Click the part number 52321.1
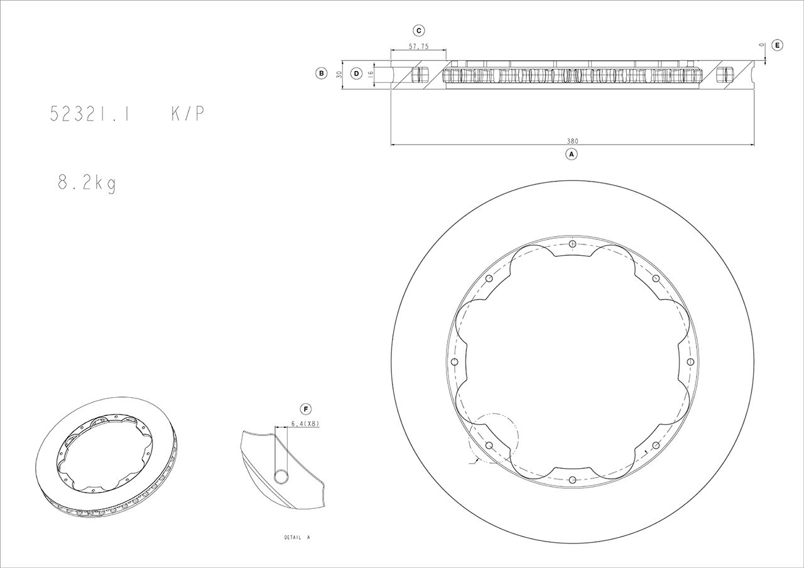90,114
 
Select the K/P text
187,114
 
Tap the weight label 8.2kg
87,183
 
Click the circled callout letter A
571,153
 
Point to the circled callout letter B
321,74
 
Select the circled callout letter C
418,30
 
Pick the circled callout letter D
356,74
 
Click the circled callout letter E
777,45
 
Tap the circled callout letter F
306,410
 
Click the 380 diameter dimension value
572,141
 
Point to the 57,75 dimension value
418,46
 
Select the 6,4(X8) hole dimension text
305,424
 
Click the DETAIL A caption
297,538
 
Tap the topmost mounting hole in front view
572,244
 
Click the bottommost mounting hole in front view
572,479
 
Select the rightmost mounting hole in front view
690,361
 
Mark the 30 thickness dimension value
339,74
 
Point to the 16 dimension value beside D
371,74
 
